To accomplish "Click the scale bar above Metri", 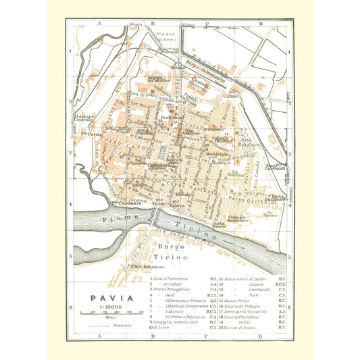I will (x=104, y=311).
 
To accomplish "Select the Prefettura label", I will (x=173, y=117).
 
